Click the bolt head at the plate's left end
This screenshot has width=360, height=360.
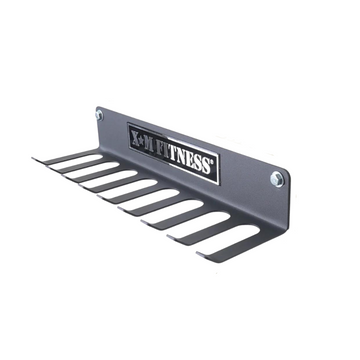[99, 115]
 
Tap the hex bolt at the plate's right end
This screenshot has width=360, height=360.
[277, 179]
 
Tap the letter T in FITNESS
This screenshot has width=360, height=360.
[173, 154]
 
